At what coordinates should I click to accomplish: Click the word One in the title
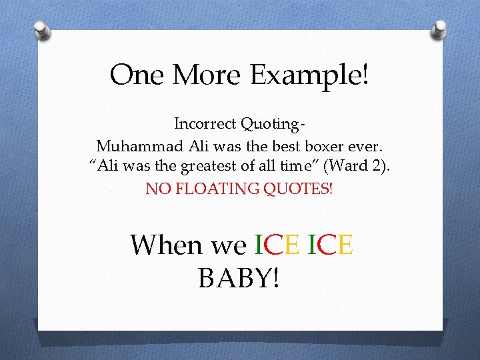(137, 75)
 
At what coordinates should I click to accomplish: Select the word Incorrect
(205, 124)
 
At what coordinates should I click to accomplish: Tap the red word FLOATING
(211, 189)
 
